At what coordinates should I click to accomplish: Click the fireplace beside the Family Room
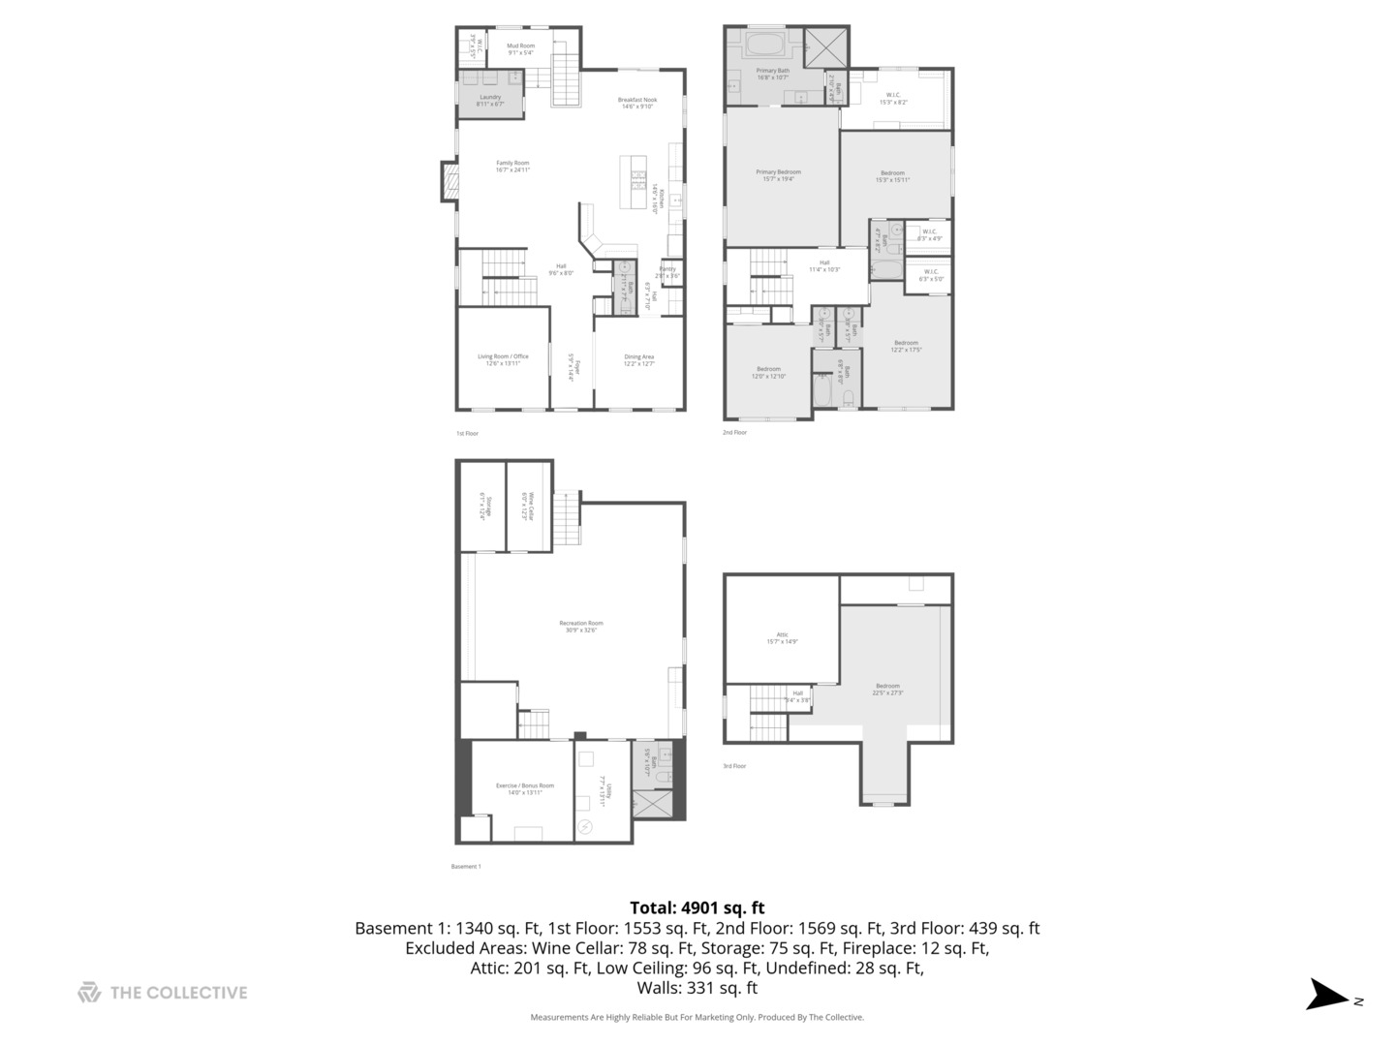(x=450, y=181)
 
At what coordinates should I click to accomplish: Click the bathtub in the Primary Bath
(x=765, y=45)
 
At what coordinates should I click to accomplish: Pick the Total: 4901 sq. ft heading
(x=697, y=908)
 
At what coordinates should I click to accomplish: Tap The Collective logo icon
(x=89, y=992)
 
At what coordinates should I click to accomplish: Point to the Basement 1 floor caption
(x=466, y=866)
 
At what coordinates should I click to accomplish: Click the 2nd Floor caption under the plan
(x=734, y=432)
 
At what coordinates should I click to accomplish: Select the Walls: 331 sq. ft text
(x=697, y=988)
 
